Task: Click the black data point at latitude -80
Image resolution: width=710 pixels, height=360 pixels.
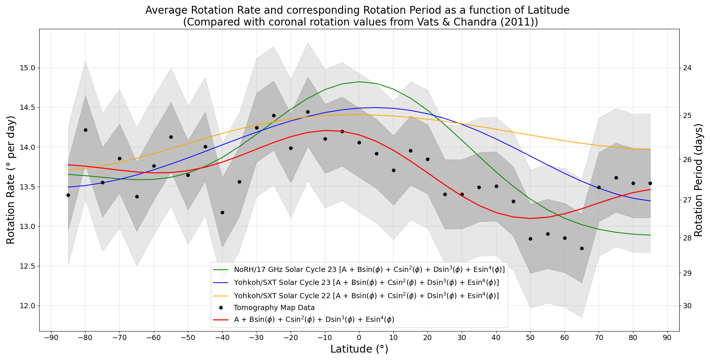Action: click(x=85, y=130)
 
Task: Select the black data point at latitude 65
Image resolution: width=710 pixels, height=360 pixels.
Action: click(x=582, y=248)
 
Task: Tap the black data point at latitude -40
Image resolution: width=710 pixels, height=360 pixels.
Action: click(x=222, y=212)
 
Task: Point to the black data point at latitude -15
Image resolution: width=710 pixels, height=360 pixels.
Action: click(x=308, y=112)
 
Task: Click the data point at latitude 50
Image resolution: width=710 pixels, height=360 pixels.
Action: click(x=530, y=239)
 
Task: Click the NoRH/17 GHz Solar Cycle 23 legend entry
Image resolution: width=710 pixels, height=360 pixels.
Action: click(x=369, y=269)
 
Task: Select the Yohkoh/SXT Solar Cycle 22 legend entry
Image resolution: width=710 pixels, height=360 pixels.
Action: click(x=366, y=296)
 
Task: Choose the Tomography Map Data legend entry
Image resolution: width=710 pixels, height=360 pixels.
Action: click(x=274, y=307)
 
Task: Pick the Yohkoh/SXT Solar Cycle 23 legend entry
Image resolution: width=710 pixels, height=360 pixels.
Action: click(x=366, y=283)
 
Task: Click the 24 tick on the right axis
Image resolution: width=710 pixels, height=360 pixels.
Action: click(x=688, y=68)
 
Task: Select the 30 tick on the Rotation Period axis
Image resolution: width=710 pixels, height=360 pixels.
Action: click(x=688, y=306)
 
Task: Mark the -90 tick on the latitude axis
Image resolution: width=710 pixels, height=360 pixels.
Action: click(x=51, y=337)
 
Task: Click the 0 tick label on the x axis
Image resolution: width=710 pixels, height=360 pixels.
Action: click(x=359, y=337)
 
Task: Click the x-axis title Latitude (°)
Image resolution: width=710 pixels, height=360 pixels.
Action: click(x=359, y=349)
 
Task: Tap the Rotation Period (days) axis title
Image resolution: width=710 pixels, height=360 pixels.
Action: click(x=698, y=180)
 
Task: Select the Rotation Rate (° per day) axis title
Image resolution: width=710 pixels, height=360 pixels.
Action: click(x=11, y=180)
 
